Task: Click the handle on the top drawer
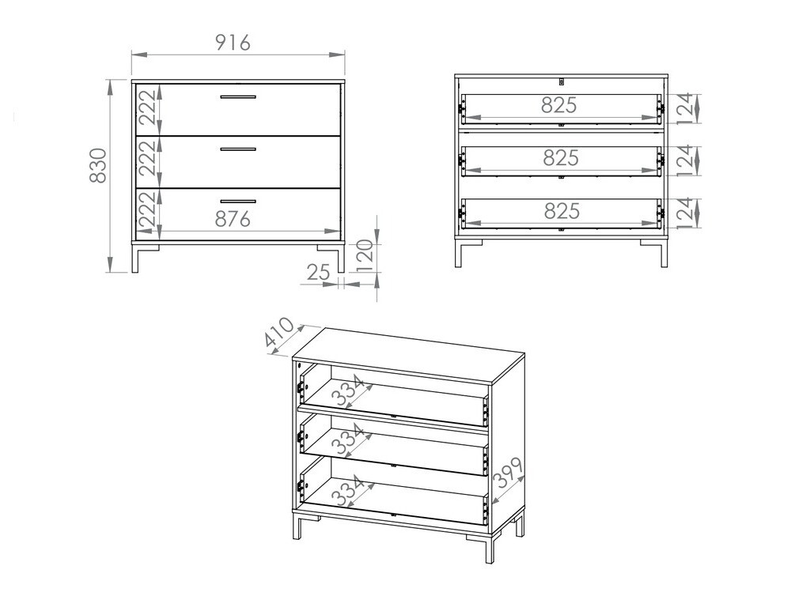237,97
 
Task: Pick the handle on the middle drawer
237,148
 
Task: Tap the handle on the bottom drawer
237,201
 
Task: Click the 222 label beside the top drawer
148,108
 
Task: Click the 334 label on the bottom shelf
348,491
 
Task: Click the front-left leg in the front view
134,258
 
